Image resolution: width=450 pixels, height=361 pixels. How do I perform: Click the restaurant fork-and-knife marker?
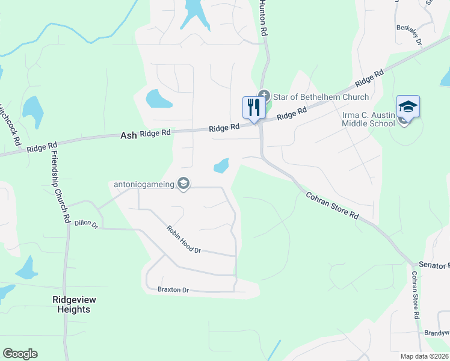(x=253, y=108)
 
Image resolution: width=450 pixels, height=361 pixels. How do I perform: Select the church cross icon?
(x=264, y=95)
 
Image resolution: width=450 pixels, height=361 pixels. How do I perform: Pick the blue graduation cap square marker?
(x=408, y=108)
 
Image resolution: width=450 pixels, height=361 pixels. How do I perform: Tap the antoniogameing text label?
(x=144, y=184)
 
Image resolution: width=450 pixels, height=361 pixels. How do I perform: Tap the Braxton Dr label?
(x=173, y=290)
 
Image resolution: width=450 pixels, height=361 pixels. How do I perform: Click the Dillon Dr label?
(x=86, y=223)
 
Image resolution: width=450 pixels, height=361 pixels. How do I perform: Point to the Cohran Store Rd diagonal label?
(x=332, y=206)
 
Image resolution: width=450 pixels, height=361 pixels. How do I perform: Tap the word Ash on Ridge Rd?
(x=129, y=136)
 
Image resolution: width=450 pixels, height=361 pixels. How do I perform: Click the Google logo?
(x=20, y=353)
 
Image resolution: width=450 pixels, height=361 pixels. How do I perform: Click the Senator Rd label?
(x=433, y=265)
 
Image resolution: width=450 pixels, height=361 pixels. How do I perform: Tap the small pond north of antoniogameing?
(x=221, y=165)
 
